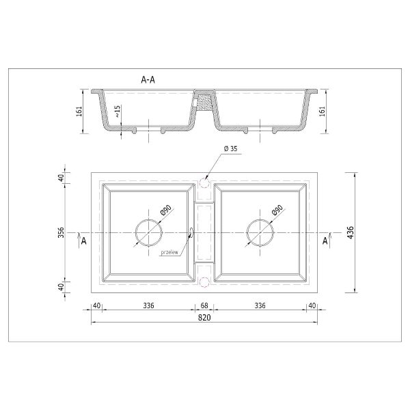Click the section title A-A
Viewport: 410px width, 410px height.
click(148, 80)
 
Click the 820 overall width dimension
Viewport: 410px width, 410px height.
click(204, 318)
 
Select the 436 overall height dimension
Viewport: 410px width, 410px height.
click(351, 232)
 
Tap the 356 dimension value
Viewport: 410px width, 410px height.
click(61, 232)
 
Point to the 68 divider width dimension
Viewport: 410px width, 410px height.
click(204, 305)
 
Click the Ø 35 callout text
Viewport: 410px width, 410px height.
click(231, 148)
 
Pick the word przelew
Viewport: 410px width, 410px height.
click(169, 253)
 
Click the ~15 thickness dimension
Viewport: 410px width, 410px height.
click(118, 111)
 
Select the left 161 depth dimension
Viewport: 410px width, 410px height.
click(79, 111)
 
